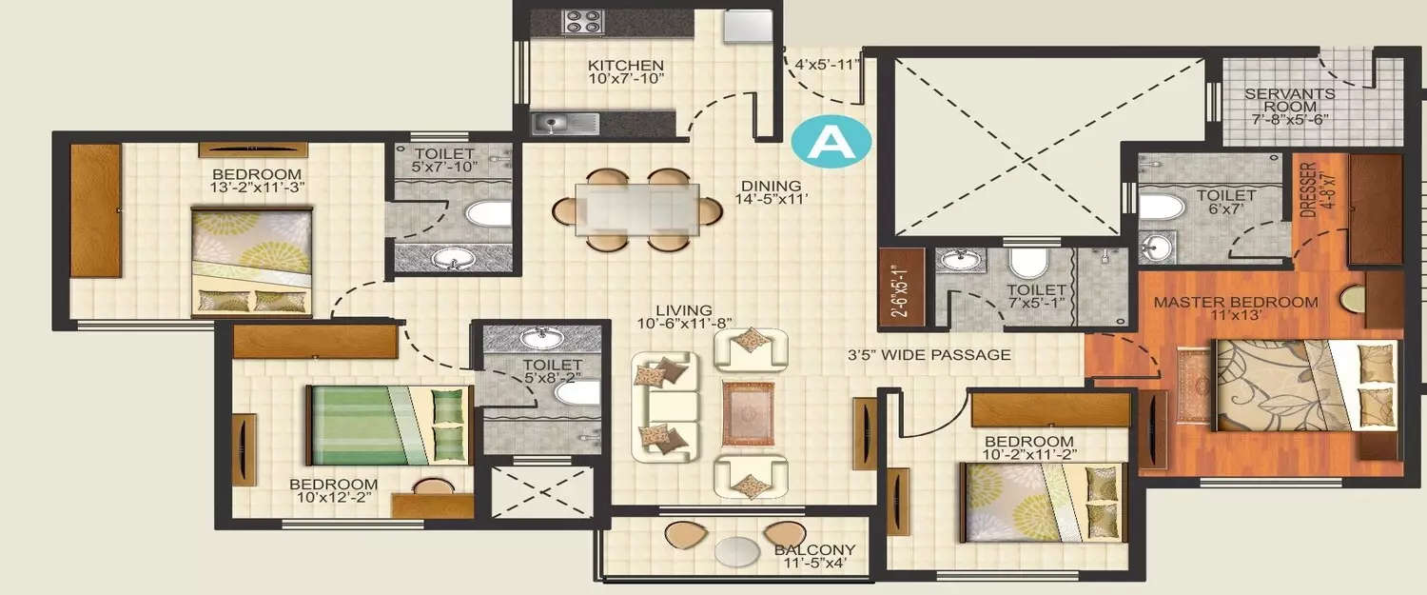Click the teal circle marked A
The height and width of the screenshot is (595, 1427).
coord(831,140)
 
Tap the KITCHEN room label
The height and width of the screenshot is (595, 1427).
coord(625,65)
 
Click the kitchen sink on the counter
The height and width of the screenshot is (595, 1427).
coord(565,123)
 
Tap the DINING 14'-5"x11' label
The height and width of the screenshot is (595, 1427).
coord(772,193)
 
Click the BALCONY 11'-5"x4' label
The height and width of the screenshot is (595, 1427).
coord(814,556)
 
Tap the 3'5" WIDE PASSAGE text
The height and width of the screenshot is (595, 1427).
coord(929,355)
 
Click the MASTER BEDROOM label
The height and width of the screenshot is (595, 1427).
coord(1235,303)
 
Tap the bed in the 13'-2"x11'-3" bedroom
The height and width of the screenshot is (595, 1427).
coord(252,263)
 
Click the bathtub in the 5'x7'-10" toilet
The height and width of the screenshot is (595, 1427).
coord(487,211)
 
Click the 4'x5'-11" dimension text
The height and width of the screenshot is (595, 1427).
coord(826,65)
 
